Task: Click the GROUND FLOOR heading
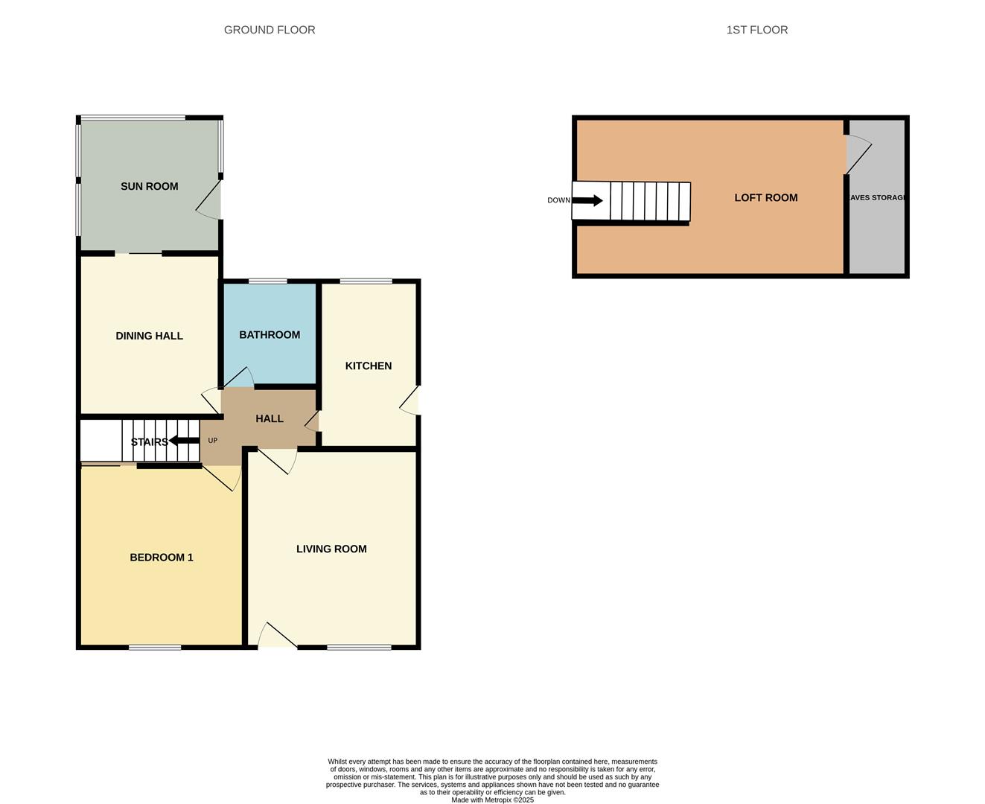point(270,30)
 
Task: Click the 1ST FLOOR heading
point(756,30)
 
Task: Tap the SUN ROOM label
point(149,186)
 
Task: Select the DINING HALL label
point(149,336)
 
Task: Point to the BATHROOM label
point(270,335)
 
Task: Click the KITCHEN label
point(368,366)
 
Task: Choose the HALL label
point(270,418)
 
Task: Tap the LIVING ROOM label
point(331,549)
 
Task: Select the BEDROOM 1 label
point(162,557)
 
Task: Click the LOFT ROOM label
point(765,197)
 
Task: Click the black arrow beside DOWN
point(587,200)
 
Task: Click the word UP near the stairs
point(213,441)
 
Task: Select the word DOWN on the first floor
point(558,200)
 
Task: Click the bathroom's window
point(268,281)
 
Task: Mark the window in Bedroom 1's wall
point(155,648)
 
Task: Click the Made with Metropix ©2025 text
point(492,800)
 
